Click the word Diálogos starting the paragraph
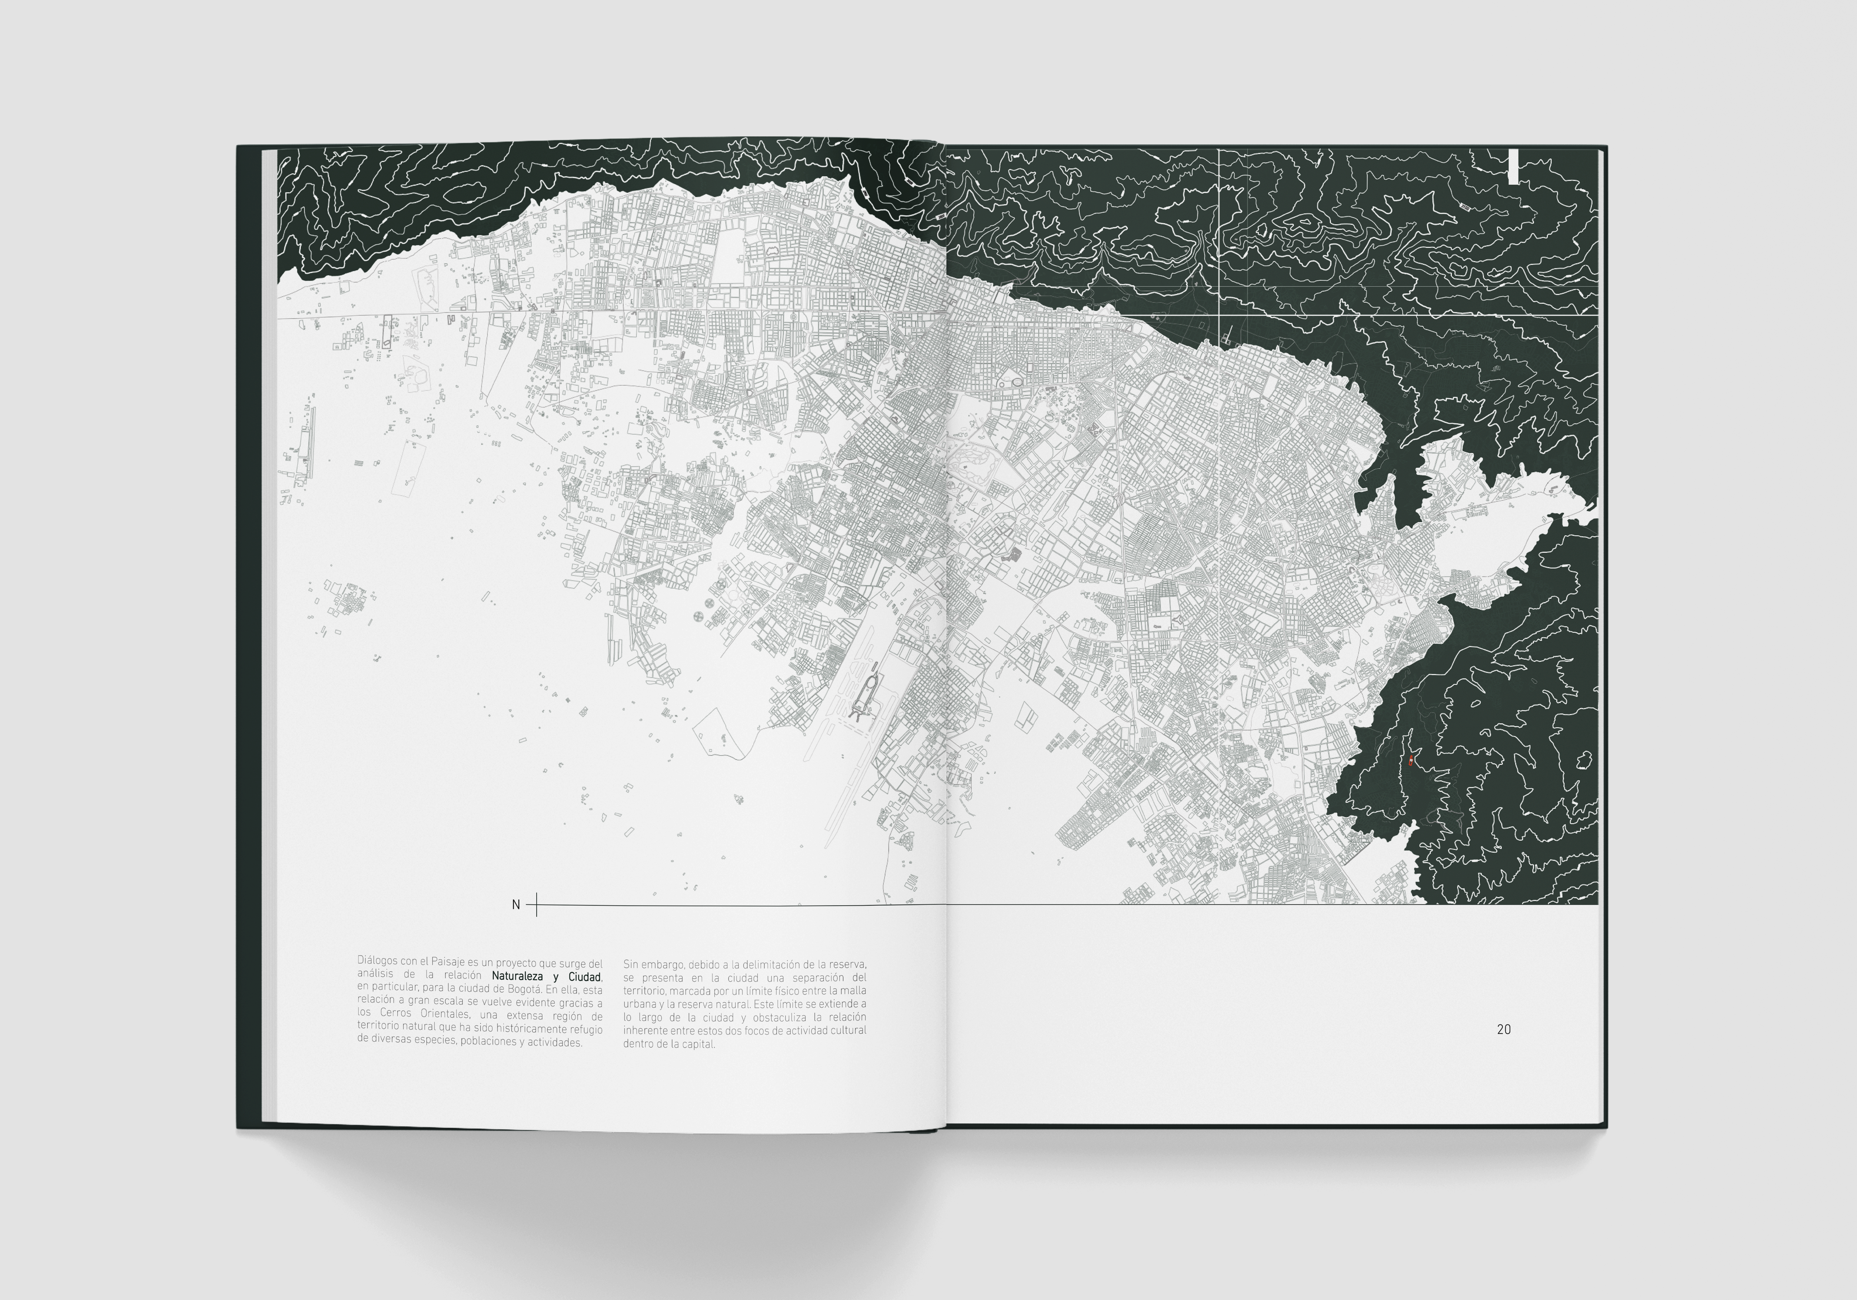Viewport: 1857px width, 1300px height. point(377,963)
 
